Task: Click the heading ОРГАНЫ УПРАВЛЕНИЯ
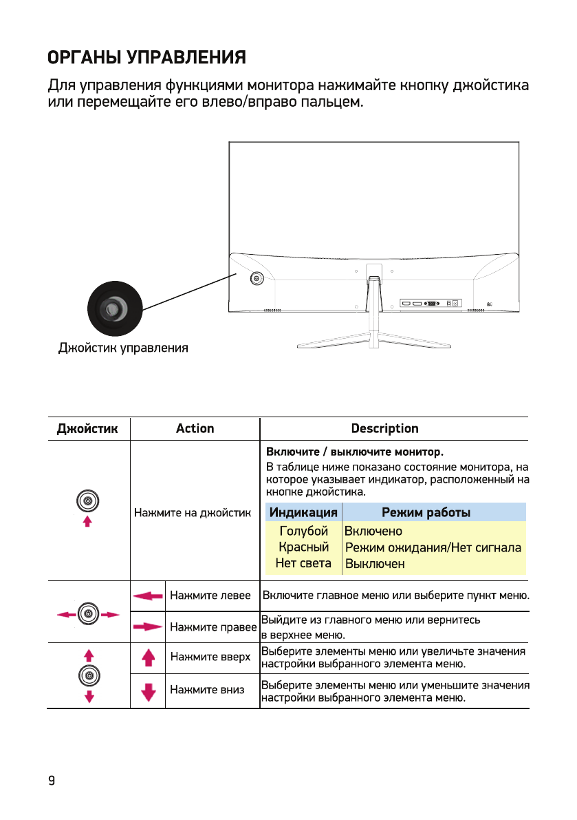click(146, 57)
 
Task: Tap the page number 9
click(51, 780)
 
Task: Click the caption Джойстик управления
click(122, 348)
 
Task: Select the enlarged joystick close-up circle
click(114, 308)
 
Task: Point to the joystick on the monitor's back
click(257, 278)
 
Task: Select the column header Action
click(195, 429)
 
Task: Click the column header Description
click(384, 429)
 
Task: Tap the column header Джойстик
click(87, 429)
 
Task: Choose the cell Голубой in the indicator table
click(303, 531)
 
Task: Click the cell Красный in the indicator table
click(303, 547)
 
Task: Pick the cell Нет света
click(303, 563)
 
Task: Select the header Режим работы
click(426, 512)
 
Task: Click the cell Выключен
click(375, 564)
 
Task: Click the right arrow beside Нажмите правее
click(147, 627)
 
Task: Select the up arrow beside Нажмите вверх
click(147, 658)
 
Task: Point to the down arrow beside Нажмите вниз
click(147, 691)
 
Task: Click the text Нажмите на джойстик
click(193, 513)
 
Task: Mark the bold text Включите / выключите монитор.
click(355, 452)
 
